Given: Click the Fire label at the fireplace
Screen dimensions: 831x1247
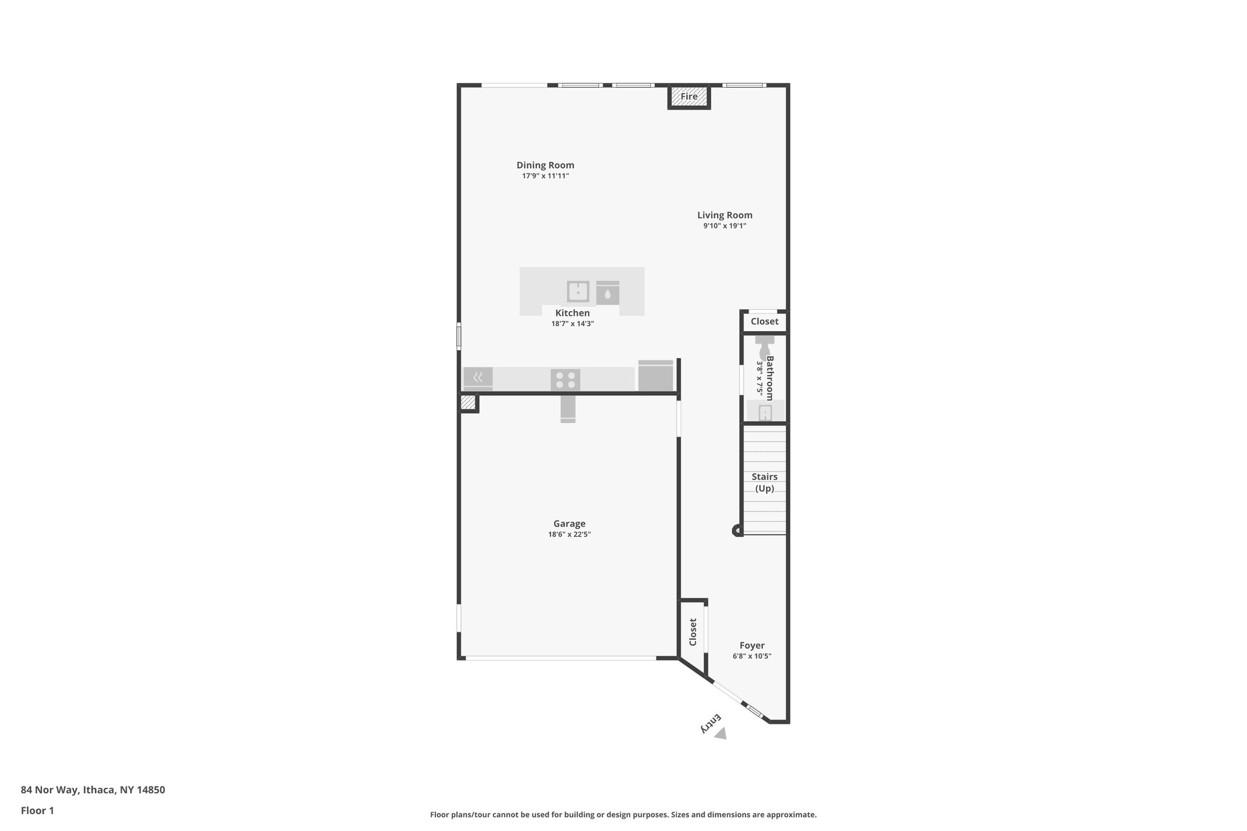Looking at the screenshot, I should point(689,97).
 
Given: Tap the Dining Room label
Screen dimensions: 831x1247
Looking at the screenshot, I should point(545,165).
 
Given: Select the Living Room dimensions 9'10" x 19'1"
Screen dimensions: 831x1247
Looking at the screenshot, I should point(725,226).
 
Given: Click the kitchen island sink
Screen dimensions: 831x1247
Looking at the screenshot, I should point(578,292).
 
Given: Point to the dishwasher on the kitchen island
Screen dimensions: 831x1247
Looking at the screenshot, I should point(608,293).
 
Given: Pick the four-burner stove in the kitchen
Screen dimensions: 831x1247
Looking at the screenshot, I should point(565,380).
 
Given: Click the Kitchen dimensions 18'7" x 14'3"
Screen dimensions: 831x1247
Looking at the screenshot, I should point(572,324).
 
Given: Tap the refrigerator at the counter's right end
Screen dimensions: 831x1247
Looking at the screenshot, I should point(656,376).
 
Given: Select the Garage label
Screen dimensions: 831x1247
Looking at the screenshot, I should point(569,524).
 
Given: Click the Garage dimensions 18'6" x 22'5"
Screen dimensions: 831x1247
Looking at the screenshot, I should point(569,535).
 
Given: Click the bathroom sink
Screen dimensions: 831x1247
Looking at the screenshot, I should point(765,412).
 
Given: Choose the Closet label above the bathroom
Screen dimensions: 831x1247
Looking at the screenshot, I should point(764,321).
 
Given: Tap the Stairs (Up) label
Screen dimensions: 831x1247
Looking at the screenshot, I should point(764,482).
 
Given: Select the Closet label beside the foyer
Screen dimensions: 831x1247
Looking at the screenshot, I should point(692,632).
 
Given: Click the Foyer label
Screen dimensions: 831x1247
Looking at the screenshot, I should point(752,645).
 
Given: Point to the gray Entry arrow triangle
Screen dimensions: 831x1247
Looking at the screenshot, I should point(721,734).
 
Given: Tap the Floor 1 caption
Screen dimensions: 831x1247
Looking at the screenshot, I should point(37,810).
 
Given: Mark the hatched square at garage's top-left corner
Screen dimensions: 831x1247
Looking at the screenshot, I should point(468,402).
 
